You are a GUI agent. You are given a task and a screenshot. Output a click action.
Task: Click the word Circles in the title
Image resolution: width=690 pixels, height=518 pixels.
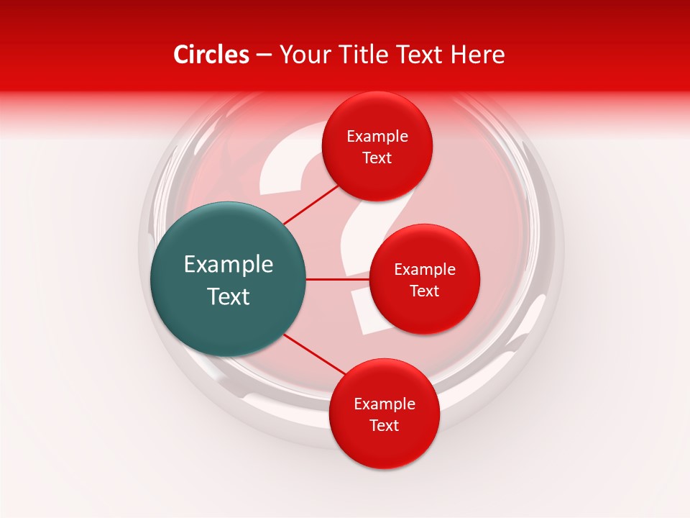pyautogui.click(x=211, y=55)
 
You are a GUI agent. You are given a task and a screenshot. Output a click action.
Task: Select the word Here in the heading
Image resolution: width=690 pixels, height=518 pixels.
pyautogui.click(x=478, y=55)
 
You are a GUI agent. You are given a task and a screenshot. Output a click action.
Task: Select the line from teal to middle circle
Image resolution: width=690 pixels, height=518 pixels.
pyautogui.click(x=337, y=279)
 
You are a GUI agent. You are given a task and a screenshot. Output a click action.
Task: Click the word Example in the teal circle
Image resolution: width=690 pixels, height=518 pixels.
pyautogui.click(x=229, y=265)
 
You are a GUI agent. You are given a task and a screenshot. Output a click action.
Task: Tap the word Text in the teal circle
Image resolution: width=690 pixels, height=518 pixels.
pyautogui.click(x=229, y=296)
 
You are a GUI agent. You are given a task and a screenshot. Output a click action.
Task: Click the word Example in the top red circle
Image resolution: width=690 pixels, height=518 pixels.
pyautogui.click(x=377, y=137)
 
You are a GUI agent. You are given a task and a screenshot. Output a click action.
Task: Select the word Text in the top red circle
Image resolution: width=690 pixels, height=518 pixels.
pyautogui.click(x=377, y=158)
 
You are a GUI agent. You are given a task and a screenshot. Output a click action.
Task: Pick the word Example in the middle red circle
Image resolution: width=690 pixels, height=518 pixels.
pyautogui.click(x=424, y=270)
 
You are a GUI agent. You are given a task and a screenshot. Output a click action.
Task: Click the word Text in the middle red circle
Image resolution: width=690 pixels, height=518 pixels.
pyautogui.click(x=424, y=291)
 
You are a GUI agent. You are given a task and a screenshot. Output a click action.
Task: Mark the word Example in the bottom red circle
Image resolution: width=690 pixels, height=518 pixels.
pyautogui.click(x=384, y=404)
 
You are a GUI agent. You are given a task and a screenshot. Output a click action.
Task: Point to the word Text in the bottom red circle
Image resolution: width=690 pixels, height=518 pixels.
pyautogui.click(x=384, y=426)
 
